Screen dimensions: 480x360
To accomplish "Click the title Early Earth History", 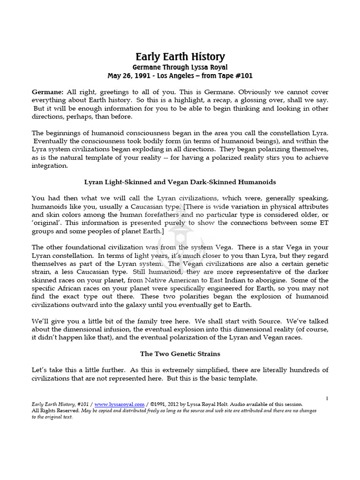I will pyautogui.click(x=180, y=57).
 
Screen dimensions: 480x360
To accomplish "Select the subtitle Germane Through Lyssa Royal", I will pyautogui.click(x=180, y=67).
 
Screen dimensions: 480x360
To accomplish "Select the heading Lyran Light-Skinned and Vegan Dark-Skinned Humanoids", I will pyautogui.click(x=180, y=181).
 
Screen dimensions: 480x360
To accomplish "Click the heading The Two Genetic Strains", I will pyautogui.click(x=180, y=354).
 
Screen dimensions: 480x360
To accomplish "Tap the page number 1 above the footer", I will pyautogui.click(x=327, y=398).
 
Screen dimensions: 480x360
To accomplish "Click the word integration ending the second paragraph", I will pyautogui.click(x=50, y=165).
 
